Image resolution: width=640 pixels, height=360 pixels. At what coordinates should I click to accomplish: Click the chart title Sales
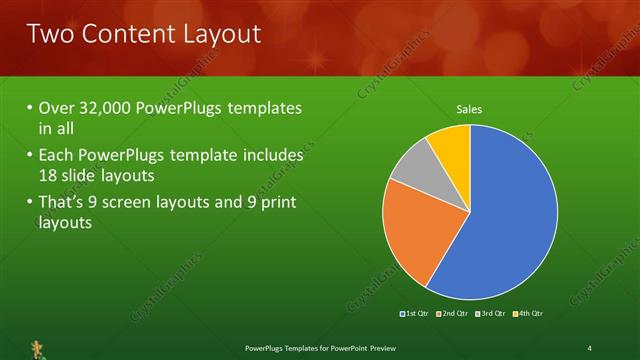click(469, 108)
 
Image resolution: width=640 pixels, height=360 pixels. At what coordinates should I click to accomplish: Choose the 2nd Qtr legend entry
click(453, 314)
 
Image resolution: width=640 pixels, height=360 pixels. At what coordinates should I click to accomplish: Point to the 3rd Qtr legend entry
click(490, 314)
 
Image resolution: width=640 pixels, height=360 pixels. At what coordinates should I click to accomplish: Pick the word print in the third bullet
click(278, 203)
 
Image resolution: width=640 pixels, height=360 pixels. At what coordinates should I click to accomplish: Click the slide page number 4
click(590, 347)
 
